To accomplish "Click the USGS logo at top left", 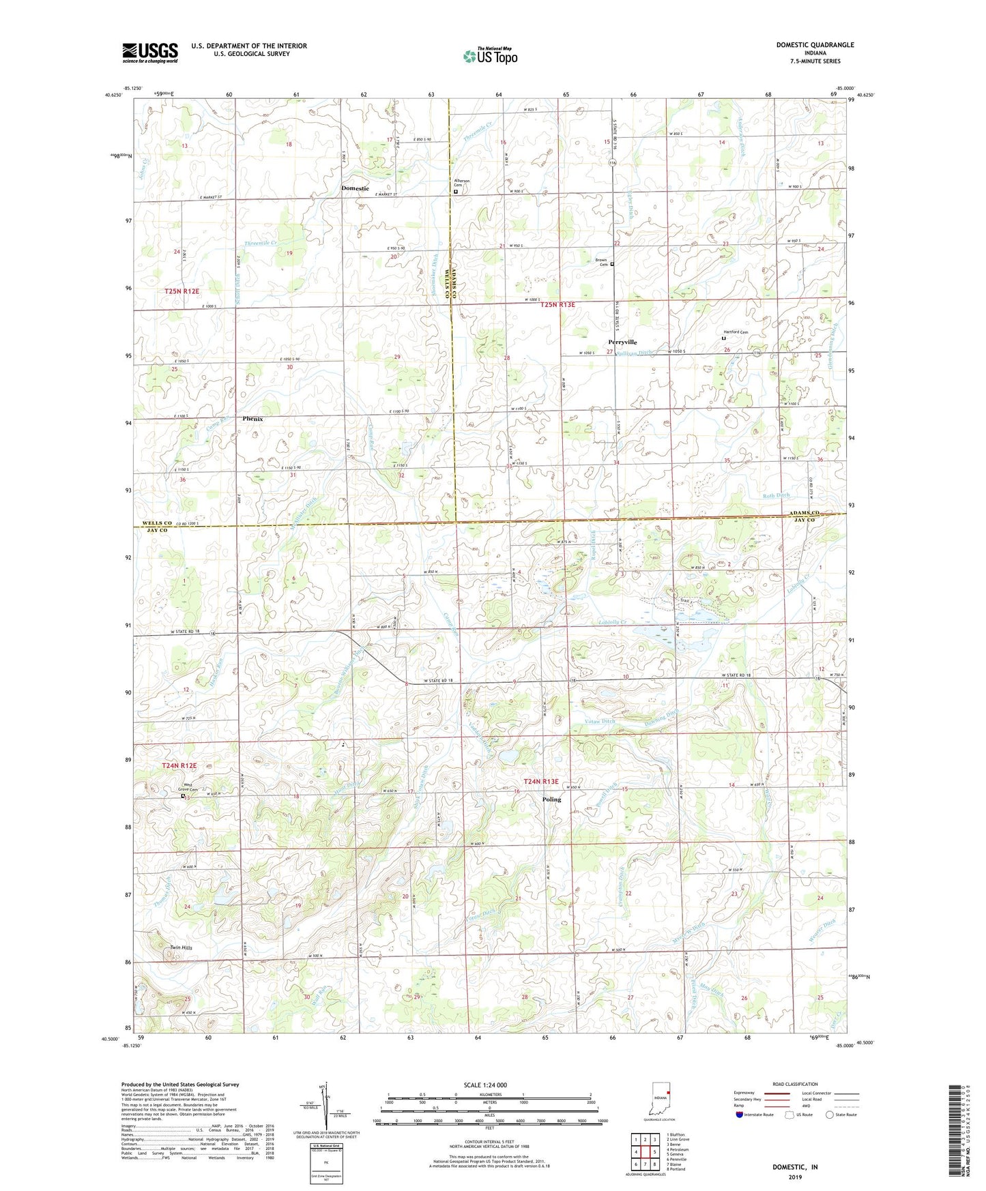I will click(x=149, y=53).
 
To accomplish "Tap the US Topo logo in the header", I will click(x=489, y=56).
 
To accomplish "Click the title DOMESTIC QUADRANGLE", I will click(x=815, y=45).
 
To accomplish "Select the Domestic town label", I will click(x=355, y=188).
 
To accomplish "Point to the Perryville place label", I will click(x=622, y=342).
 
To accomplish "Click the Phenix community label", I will click(x=252, y=419).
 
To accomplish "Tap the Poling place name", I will click(x=551, y=799).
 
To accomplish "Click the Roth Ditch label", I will click(x=776, y=495).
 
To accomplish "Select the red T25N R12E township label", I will click(x=182, y=291).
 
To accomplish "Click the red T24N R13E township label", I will click(x=540, y=782).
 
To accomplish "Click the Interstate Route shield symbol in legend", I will click(x=741, y=1115).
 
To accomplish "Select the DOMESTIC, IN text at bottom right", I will click(x=794, y=1167).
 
